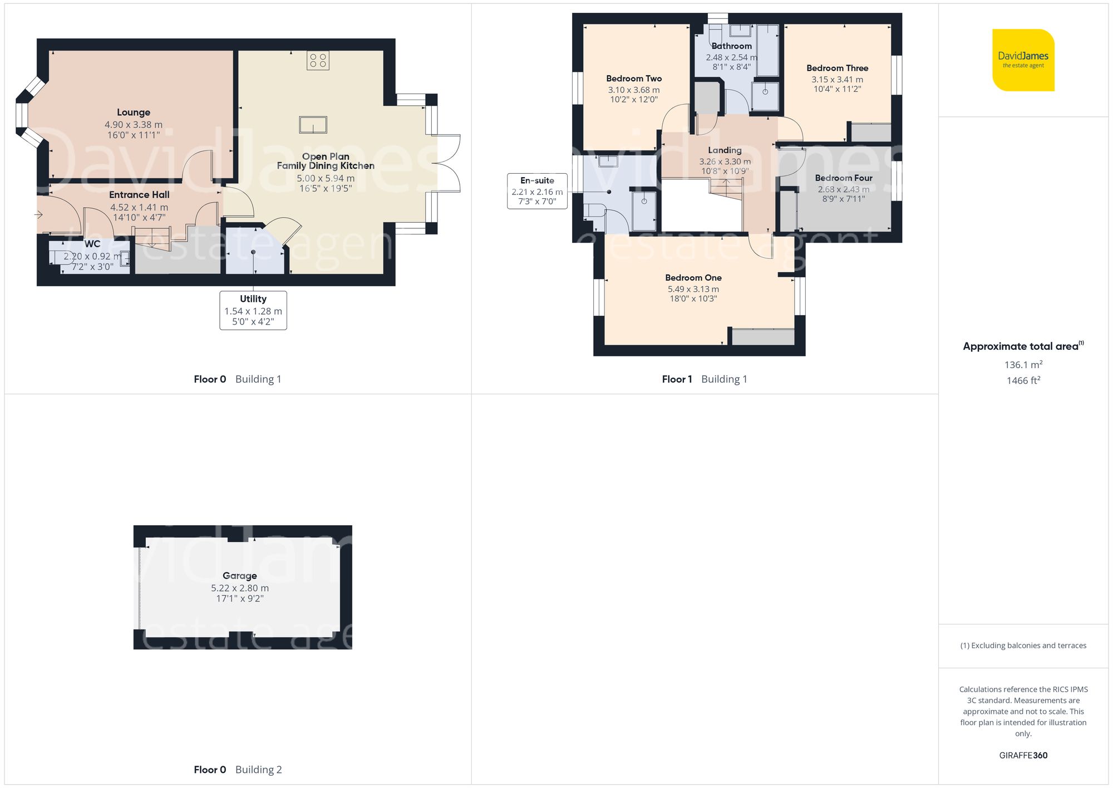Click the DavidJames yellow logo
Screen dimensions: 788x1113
coord(1023,60)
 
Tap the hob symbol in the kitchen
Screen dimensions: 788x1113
coord(318,61)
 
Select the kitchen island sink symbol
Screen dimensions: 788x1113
coord(313,125)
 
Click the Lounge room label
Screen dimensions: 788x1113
coord(134,112)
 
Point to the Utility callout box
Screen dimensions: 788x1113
coord(253,310)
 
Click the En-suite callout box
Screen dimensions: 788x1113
coord(537,191)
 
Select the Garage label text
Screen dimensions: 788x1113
coord(240,576)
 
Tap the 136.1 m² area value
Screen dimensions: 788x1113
coord(1023,365)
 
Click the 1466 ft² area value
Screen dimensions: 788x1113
coord(1023,380)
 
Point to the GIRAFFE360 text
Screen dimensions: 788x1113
coord(1023,755)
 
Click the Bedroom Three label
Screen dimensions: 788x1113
coord(837,68)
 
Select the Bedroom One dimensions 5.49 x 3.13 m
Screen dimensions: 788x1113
coord(693,289)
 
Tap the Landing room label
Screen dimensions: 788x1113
coord(725,150)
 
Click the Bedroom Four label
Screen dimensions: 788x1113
coord(843,178)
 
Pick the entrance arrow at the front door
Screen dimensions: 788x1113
coord(40,214)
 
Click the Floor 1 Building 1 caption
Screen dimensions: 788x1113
coord(704,379)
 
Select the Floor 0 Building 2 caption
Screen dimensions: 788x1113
coord(238,770)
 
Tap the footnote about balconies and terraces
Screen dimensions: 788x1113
coord(1023,645)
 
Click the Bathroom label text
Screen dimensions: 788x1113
coord(731,46)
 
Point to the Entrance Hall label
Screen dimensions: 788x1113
coord(139,195)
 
